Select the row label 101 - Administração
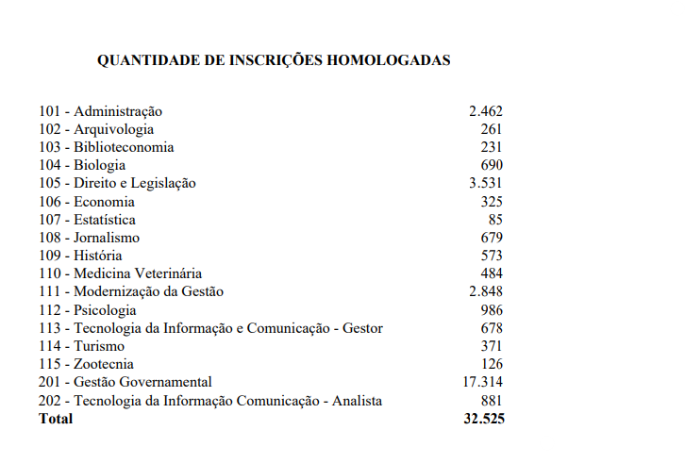[x=100, y=111]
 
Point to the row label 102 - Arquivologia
[x=96, y=129]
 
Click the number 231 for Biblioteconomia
[x=491, y=147]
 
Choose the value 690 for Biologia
[x=491, y=165]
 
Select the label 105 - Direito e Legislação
[x=117, y=183]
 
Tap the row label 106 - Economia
[x=87, y=202]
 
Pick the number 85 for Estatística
[x=494, y=220]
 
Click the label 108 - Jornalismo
[x=89, y=238]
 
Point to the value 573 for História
[x=491, y=256]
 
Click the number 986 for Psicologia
[x=491, y=310]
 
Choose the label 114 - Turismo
[x=81, y=346]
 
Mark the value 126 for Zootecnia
[x=491, y=364]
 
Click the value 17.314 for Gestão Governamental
[x=481, y=382]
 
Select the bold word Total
[x=55, y=419]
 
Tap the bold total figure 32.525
[x=481, y=419]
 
